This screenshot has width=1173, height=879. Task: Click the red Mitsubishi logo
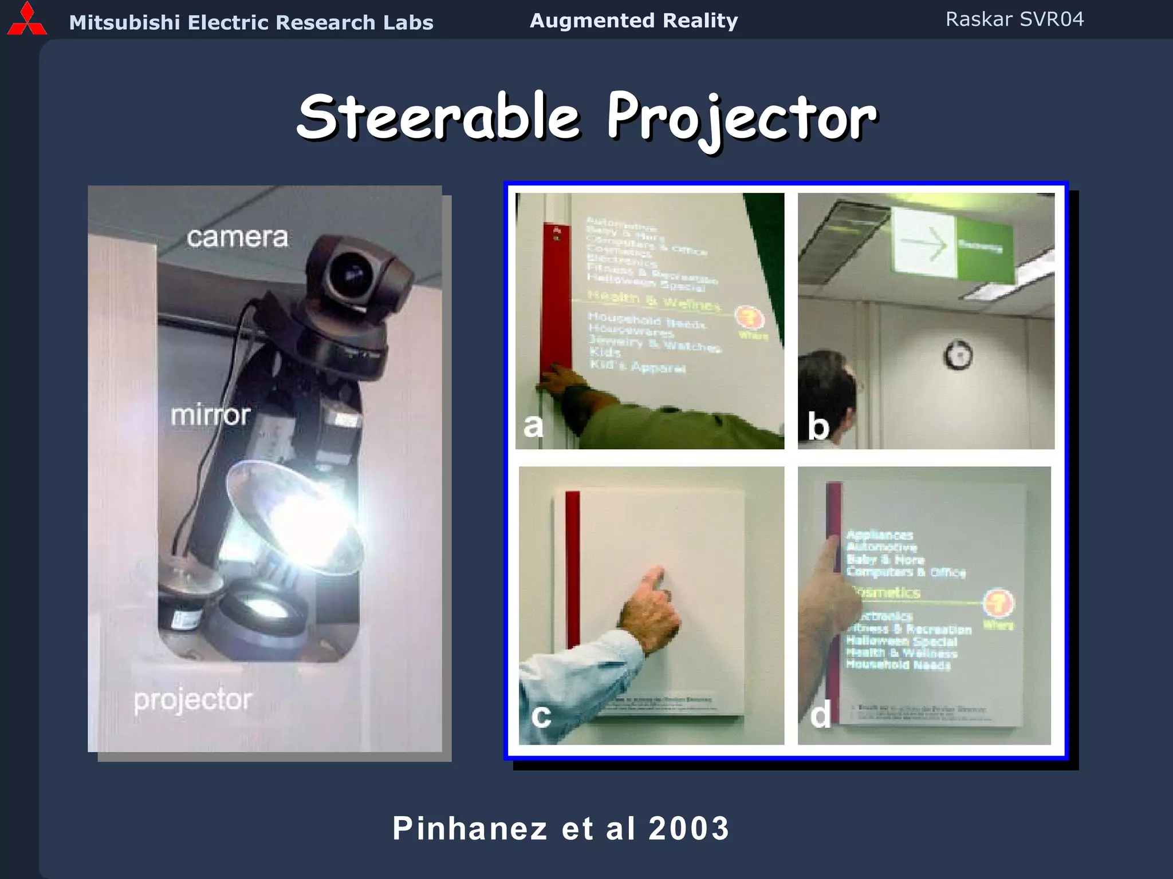[x=26, y=19]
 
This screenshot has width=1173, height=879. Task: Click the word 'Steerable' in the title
[x=439, y=117]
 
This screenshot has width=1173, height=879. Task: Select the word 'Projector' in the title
[x=742, y=118]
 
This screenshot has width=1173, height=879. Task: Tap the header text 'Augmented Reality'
[x=633, y=21]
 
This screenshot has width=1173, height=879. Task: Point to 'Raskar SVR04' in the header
[x=1014, y=19]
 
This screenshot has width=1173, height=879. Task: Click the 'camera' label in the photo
[x=237, y=237]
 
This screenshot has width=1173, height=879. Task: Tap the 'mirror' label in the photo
[x=211, y=414]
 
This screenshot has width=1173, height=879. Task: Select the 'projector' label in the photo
[x=192, y=699]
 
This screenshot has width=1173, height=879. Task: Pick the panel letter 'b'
[x=818, y=427]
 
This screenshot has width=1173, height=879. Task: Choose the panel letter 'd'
[x=820, y=715]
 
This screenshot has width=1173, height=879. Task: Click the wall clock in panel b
[x=958, y=355]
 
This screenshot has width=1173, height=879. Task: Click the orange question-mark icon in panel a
[x=750, y=318]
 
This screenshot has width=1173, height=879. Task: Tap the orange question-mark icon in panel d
[x=998, y=603]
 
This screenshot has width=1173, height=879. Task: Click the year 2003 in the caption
[x=689, y=828]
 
